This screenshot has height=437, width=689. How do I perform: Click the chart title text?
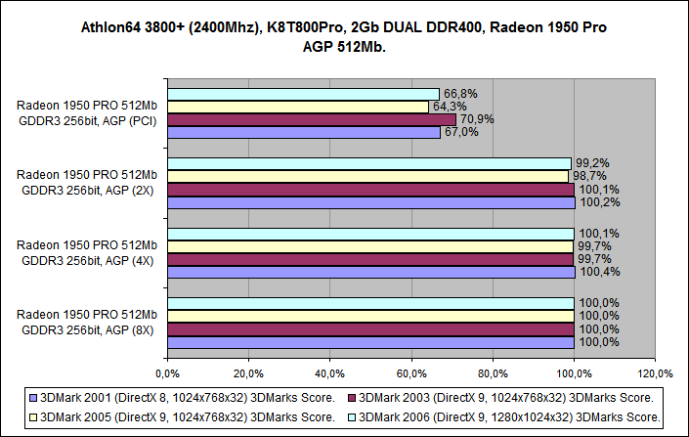coord(344,36)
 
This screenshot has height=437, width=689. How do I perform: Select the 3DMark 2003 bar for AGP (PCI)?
coord(311,119)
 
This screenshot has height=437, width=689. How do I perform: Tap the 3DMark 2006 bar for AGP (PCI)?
coord(303,94)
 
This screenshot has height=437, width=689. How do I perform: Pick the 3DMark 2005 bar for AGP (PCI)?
coord(297,107)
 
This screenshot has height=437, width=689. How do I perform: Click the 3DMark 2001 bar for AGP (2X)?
coord(370,202)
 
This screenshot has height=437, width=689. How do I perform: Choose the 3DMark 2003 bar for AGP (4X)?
coord(369,259)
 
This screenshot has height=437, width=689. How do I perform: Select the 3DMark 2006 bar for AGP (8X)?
coord(369,304)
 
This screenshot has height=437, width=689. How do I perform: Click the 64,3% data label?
coord(449,107)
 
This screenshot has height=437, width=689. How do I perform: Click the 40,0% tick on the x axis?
coord(329,372)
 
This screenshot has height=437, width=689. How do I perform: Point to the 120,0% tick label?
coord(656,372)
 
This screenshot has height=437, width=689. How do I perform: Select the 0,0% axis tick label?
coord(167,372)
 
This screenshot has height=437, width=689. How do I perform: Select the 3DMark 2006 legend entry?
coord(507,417)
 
